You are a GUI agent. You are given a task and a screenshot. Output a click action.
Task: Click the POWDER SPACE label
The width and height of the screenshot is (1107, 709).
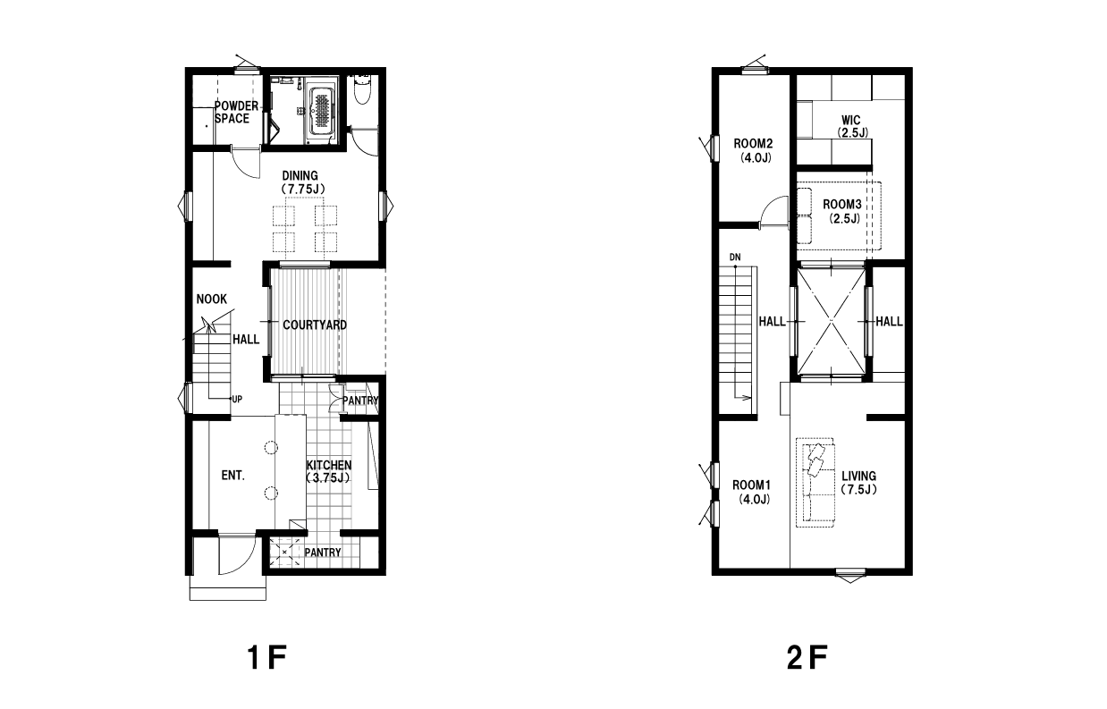pos(236,112)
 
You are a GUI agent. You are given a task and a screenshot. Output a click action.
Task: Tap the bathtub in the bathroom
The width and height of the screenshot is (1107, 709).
pos(323,112)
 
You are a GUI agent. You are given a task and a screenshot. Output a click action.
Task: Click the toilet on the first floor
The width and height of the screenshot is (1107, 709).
pos(363,89)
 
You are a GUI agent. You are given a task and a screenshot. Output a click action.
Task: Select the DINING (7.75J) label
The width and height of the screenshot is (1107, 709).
pos(301,182)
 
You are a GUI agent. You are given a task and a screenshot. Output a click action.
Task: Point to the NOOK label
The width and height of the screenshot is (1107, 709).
pos(212,299)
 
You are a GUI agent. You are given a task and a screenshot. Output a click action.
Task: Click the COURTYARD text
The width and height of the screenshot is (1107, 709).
pos(315,325)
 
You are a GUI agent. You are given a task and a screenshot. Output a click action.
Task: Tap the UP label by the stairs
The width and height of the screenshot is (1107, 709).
pos(237,400)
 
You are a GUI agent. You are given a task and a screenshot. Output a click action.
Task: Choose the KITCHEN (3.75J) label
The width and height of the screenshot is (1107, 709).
pos(329,471)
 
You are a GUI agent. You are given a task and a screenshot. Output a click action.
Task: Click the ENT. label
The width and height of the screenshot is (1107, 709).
pos(232,476)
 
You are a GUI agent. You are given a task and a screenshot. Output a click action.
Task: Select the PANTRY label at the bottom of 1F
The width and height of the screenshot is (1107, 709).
pos(323,553)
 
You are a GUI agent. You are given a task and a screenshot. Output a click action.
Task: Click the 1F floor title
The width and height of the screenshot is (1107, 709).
pos(266,658)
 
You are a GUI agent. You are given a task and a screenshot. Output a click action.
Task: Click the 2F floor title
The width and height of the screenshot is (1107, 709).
pos(807,658)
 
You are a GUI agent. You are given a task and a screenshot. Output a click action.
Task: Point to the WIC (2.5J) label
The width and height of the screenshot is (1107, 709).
pos(851,126)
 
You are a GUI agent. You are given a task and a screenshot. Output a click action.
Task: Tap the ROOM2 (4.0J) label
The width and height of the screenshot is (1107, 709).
pos(753,151)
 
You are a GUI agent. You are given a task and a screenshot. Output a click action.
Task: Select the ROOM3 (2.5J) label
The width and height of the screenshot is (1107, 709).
pos(842,211)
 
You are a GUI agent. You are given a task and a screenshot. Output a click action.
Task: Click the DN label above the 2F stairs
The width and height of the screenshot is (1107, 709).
pos(735,257)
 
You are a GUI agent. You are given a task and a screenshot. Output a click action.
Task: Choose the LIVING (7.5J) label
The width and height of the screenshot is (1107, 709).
pos(859,483)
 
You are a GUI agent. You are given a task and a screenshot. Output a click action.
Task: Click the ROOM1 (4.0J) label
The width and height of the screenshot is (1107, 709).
pos(752,492)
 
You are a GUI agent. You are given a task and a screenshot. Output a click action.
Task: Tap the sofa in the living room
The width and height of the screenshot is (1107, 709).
pos(815,482)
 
